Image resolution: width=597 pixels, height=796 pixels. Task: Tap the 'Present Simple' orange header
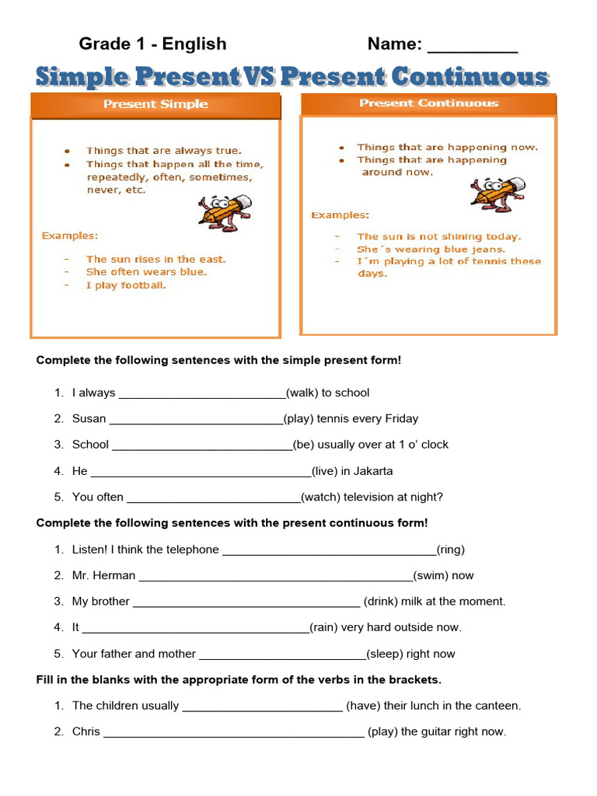point(155,104)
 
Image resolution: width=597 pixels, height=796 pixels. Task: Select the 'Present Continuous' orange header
point(428,103)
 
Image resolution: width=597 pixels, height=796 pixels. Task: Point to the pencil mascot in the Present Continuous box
point(491,194)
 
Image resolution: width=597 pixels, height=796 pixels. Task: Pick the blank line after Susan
point(197,421)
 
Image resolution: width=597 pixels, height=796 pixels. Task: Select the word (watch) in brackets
point(321,497)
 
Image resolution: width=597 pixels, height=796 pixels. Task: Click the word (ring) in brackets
point(451,550)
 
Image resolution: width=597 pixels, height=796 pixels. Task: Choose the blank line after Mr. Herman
point(275,578)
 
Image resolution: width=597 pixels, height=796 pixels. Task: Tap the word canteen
point(497,706)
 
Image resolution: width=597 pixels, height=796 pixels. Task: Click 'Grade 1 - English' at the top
point(152,44)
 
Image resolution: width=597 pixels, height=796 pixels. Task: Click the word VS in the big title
point(260,77)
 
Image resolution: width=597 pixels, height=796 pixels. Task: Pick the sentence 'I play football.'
point(126,285)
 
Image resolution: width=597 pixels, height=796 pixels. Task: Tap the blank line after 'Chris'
point(233,734)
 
